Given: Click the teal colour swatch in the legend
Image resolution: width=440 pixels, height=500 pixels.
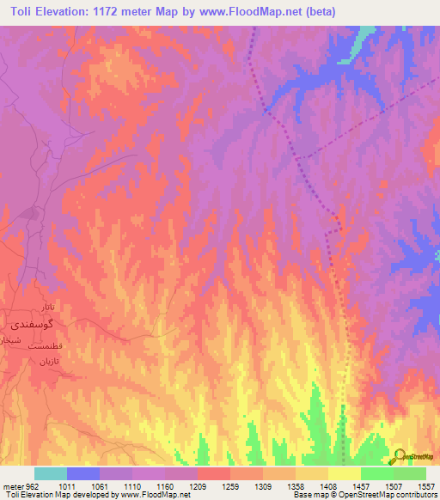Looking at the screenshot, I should [51, 473].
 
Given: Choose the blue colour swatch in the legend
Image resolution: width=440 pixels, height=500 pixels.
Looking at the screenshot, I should [83, 473].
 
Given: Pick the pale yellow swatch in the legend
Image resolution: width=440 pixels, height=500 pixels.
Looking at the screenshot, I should [345, 473].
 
